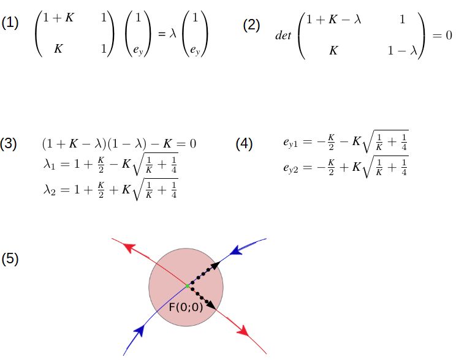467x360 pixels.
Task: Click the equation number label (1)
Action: pos(10,23)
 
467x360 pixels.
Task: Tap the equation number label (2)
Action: pos(251,25)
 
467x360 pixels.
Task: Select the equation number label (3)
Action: pos(9,144)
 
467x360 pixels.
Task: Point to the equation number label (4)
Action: pos(244,144)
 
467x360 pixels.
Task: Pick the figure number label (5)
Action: pos(10,258)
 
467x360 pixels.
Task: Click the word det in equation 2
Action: pos(283,36)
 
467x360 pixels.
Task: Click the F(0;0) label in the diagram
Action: pos(186,307)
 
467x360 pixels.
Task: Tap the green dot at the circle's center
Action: pos(187,286)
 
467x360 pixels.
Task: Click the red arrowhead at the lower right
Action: pos(243,330)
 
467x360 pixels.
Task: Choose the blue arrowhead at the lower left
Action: pos(139,331)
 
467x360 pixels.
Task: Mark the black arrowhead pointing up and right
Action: pos(216,264)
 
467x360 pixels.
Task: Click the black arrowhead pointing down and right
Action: pos(211,304)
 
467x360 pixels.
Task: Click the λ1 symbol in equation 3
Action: pos(49,164)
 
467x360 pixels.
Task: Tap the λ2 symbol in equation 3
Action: pos(49,190)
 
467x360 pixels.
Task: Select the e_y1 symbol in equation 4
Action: pos(290,143)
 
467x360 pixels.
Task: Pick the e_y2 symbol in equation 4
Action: pos(290,168)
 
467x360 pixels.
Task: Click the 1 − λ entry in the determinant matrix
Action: pos(402,51)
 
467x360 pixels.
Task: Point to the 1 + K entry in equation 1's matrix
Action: pos(58,18)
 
